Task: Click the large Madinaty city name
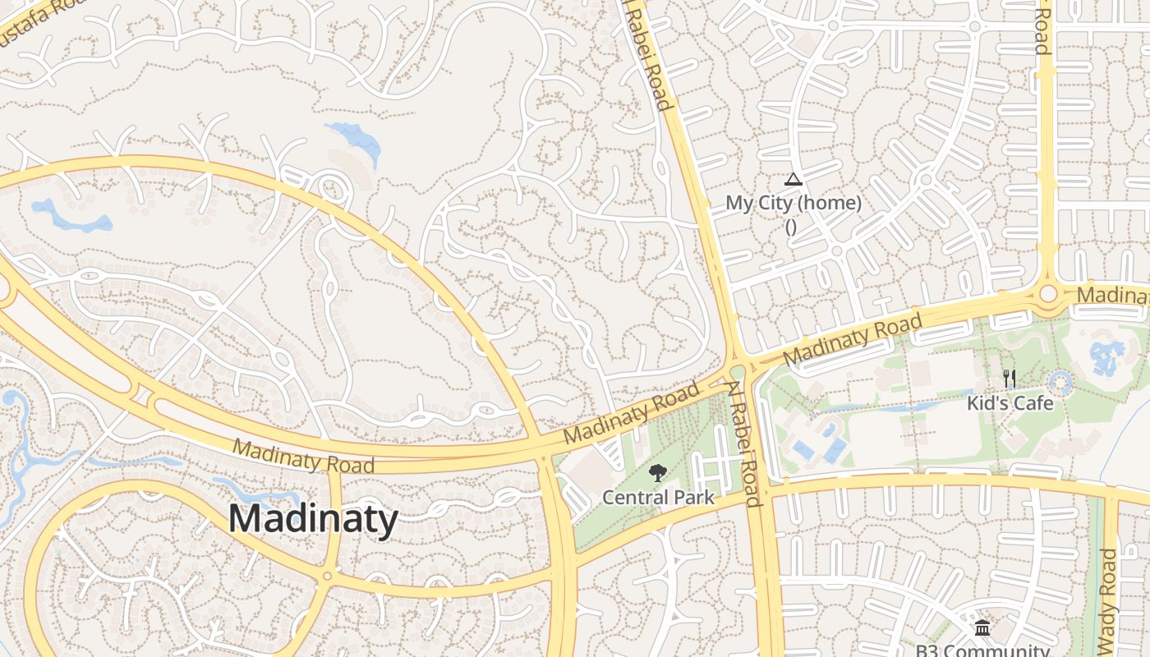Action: click(x=313, y=519)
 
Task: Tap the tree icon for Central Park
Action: click(x=657, y=473)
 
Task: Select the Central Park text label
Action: click(x=658, y=498)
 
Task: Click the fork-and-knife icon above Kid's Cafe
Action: click(x=1010, y=379)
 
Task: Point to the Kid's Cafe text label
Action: click(x=1010, y=403)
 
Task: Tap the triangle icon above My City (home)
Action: click(x=793, y=179)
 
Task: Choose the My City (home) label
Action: click(x=793, y=203)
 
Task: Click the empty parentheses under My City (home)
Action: click(x=791, y=227)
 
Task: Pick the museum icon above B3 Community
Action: click(x=982, y=628)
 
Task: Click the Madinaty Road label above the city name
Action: click(x=303, y=457)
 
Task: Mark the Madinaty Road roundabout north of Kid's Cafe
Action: click(x=1047, y=293)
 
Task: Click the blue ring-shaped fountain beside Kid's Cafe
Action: click(x=1061, y=382)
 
